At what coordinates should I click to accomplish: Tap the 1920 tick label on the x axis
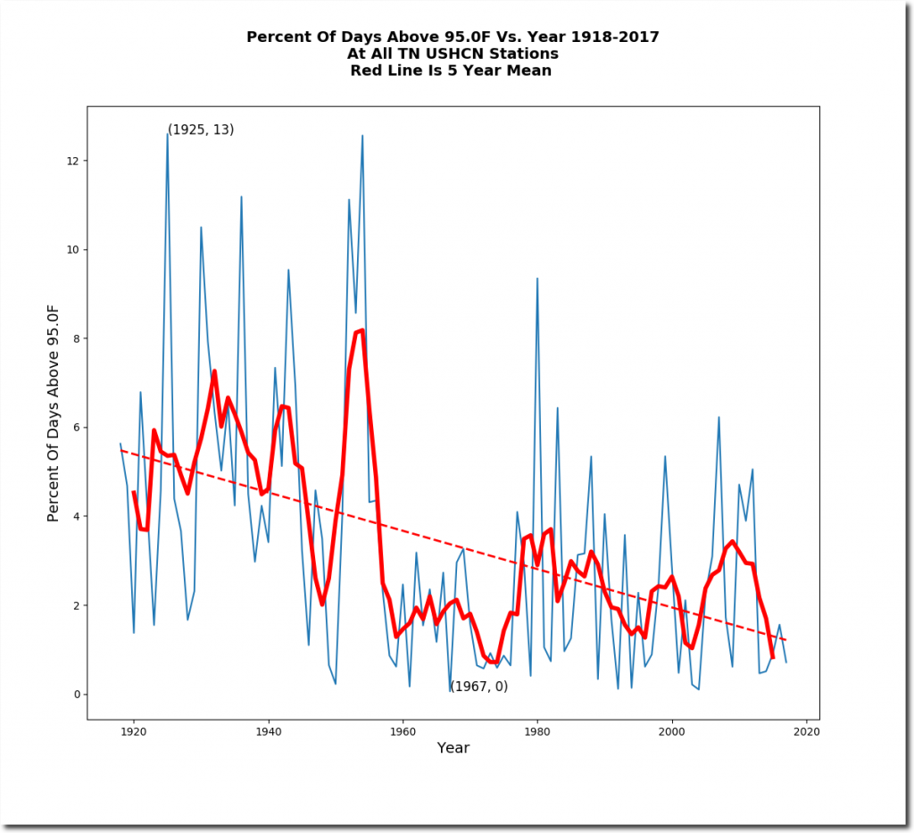[134, 731]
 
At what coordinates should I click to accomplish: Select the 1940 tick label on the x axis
[268, 731]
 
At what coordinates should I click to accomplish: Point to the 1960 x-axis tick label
[403, 731]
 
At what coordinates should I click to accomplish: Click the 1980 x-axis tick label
[537, 731]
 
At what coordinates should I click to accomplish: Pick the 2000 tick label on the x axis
[671, 731]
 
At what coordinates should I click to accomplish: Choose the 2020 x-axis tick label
[806, 731]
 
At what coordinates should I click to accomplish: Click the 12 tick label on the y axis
[72, 161]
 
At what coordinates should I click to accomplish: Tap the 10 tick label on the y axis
[72, 250]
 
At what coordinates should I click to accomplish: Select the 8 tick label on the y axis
[76, 338]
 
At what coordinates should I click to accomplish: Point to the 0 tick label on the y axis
[76, 695]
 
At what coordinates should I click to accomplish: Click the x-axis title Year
[453, 748]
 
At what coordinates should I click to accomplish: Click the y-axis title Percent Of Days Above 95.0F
[54, 413]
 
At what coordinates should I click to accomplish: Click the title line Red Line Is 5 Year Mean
[453, 71]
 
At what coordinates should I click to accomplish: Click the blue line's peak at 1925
[168, 133]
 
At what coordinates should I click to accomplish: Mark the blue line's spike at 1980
[537, 279]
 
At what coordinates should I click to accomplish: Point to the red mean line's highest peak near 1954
[361, 330]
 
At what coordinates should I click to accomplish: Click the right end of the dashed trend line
[785, 640]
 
